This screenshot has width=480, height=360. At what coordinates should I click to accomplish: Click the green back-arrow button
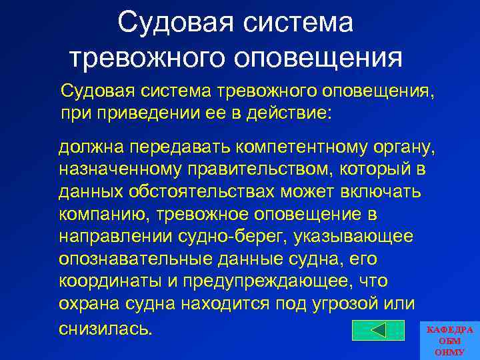(x=378, y=329)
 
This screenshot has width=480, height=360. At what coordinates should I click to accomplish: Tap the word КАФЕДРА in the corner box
(x=449, y=330)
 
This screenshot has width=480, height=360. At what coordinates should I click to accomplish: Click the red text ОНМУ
(x=449, y=351)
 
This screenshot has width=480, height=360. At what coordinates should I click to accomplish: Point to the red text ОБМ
(x=449, y=341)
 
